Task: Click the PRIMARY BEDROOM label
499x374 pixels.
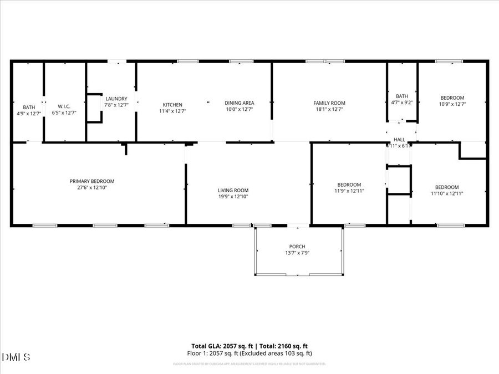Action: [92, 181]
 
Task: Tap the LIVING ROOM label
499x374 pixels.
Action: [233, 190]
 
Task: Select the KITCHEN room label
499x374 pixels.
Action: [172, 105]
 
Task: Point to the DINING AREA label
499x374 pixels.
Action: [240, 103]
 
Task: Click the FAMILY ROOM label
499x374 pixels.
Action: [329, 103]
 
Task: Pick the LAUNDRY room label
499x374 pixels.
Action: [116, 99]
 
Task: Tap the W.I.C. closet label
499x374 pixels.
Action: [64, 106]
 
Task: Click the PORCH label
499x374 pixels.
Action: [297, 247]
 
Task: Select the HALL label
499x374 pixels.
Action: [400, 140]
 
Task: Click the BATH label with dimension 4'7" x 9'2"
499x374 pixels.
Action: [402, 96]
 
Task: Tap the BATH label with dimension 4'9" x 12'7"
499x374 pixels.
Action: [29, 107]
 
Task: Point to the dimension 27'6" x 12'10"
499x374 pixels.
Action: [92, 188]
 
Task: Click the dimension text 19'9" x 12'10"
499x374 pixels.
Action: [233, 197]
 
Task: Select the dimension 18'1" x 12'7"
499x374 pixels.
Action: [329, 110]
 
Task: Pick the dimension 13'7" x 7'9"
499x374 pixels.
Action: [297, 253]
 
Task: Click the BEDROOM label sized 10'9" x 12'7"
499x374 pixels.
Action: [452, 98]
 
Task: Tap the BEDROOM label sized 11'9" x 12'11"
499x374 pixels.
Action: [349, 185]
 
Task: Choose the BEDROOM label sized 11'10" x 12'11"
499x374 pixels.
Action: [447, 187]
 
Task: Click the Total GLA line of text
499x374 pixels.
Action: [249, 346]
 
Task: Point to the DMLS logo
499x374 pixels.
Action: [17, 356]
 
